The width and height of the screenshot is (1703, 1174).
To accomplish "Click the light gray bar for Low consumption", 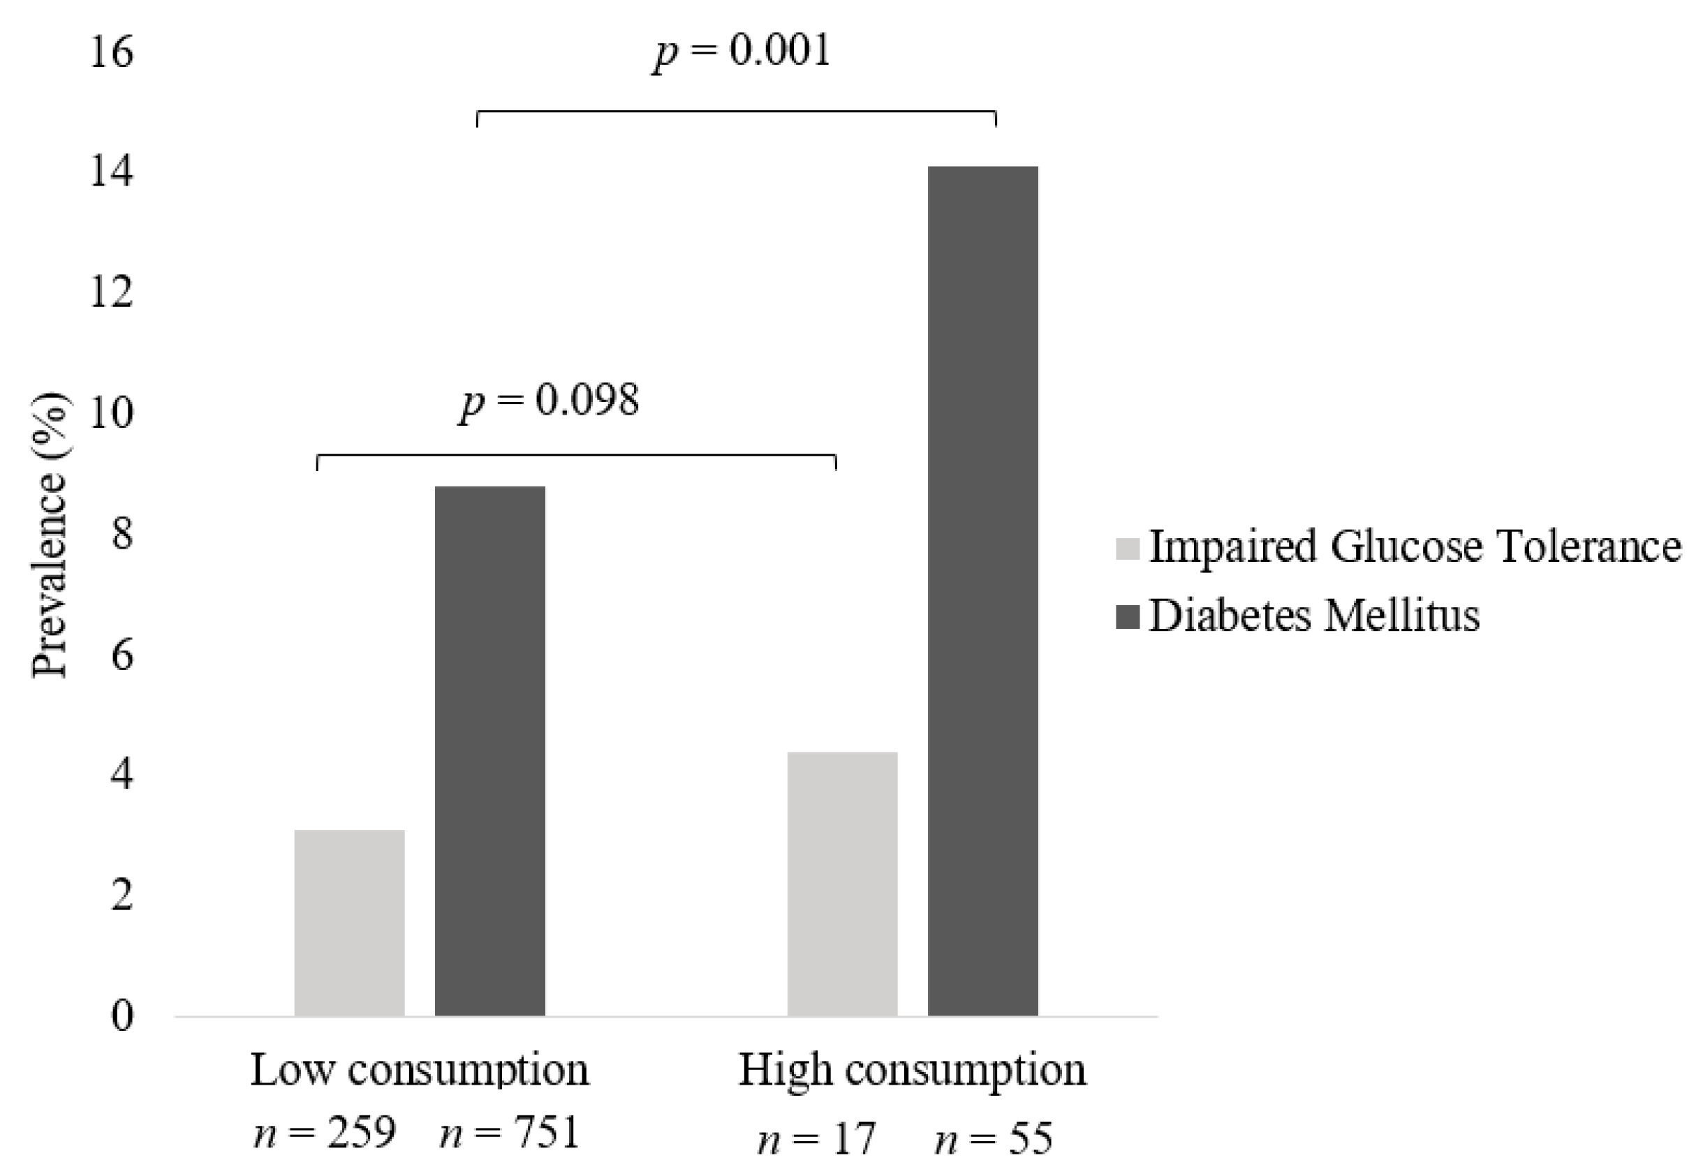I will [x=349, y=923].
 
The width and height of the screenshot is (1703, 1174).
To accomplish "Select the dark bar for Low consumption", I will [x=490, y=750].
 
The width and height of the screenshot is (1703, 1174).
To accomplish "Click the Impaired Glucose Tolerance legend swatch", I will [x=1128, y=549].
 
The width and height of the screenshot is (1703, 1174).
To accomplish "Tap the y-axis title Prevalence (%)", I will [x=50, y=535].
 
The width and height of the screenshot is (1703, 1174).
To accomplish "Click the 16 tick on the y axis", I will [x=111, y=53].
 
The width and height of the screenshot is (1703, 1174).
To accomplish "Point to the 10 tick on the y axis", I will [x=111, y=414].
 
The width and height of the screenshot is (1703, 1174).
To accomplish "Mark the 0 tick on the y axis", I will [x=122, y=1016].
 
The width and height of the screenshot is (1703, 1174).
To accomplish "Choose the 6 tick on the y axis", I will [x=122, y=655].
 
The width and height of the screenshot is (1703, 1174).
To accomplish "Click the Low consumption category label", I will [x=420, y=1070].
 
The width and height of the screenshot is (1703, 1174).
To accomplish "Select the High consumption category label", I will [x=912, y=1070].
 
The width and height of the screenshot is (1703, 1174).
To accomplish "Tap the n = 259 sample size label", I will [x=325, y=1133].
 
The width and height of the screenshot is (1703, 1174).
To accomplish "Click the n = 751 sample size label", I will [x=510, y=1133].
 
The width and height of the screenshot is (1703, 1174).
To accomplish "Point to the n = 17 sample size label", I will [x=816, y=1139].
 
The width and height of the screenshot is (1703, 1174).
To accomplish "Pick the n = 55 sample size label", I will [x=994, y=1139].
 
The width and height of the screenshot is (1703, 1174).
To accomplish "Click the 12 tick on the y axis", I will [x=111, y=293].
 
